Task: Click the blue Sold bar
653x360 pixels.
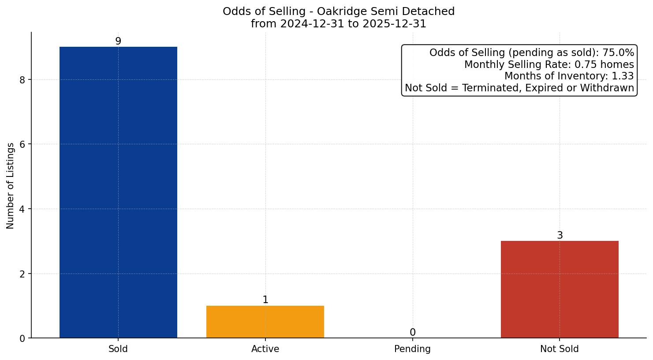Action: click(x=118, y=192)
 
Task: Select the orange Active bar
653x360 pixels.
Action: click(x=265, y=322)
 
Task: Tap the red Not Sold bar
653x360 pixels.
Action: click(x=560, y=289)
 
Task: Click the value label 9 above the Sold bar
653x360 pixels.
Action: click(x=118, y=41)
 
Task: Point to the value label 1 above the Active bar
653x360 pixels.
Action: click(x=265, y=300)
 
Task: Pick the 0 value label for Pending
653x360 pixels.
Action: click(x=413, y=332)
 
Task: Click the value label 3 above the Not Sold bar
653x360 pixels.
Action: click(x=560, y=236)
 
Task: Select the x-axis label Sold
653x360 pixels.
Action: click(x=118, y=349)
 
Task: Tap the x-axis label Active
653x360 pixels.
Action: click(x=265, y=349)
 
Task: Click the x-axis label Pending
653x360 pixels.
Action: click(x=412, y=349)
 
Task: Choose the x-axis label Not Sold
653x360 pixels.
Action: click(x=560, y=349)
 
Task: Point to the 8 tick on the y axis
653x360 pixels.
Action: click(x=22, y=80)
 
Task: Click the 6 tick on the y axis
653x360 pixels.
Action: click(x=22, y=144)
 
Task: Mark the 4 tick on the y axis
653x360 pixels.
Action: click(x=22, y=209)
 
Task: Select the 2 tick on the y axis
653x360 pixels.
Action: click(x=22, y=274)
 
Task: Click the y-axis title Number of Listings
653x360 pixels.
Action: click(x=11, y=185)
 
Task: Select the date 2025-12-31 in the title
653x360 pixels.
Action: click(x=395, y=24)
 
